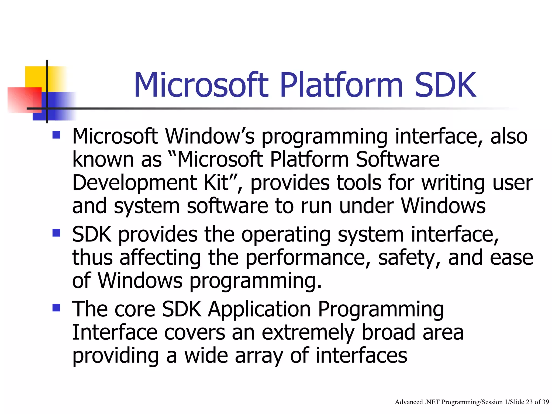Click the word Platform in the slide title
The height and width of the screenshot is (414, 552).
(x=341, y=85)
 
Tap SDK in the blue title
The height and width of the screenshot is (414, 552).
(x=446, y=85)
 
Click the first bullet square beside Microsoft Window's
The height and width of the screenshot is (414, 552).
(x=56, y=134)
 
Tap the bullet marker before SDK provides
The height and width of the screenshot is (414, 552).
(x=56, y=233)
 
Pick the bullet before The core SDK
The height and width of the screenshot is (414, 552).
(x=56, y=308)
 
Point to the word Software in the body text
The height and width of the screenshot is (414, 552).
(x=398, y=160)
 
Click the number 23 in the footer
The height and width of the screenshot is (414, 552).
(x=529, y=402)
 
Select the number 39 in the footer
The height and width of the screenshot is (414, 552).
(x=546, y=402)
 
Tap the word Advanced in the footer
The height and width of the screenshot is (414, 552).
(x=409, y=402)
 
